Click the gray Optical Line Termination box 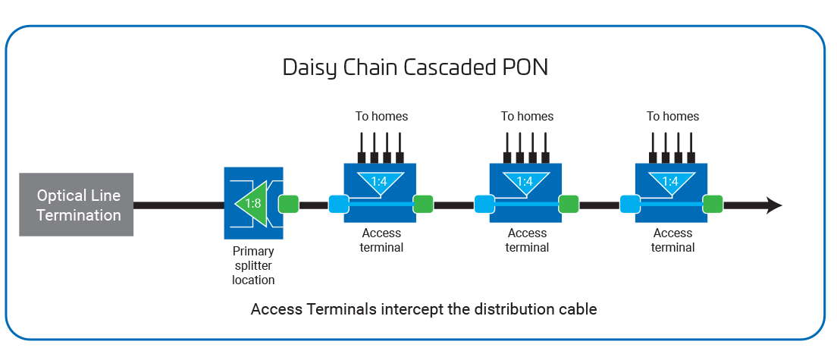point(77,205)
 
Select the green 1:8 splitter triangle point(253,204)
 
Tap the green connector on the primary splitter point(289,204)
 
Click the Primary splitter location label point(254,265)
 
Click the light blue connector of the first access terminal point(338,204)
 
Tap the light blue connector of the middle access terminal point(484,204)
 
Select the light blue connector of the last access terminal point(629,204)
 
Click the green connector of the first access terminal point(423,204)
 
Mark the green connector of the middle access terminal point(569,204)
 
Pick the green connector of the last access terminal point(713,204)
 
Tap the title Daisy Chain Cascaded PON point(415,67)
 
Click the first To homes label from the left point(382,117)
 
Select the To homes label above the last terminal point(673,117)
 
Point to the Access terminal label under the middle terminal point(527,240)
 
